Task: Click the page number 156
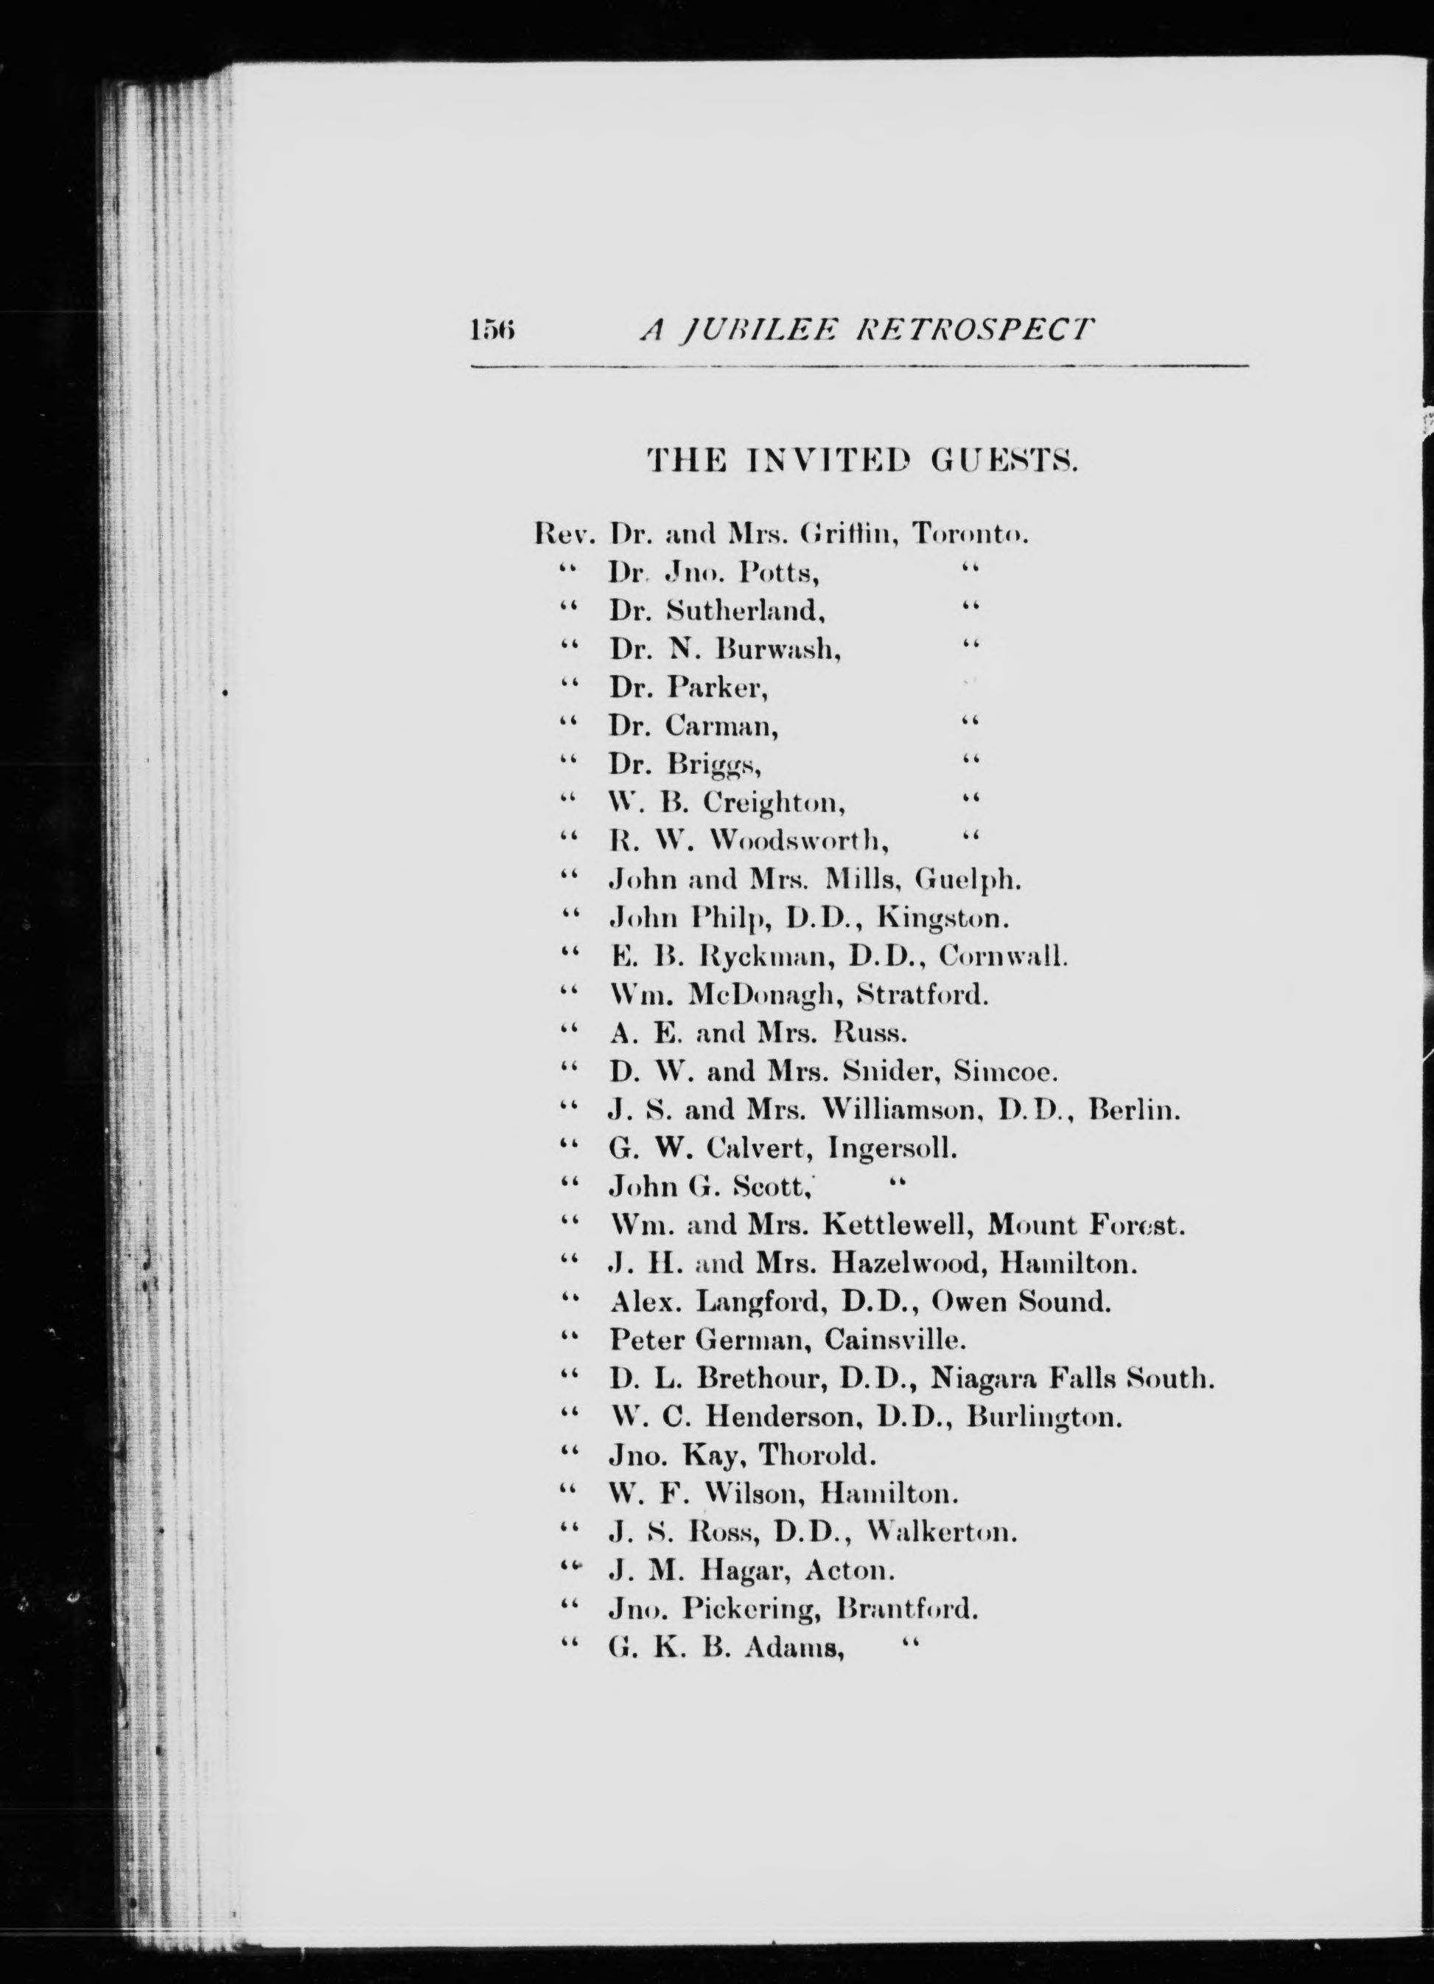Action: coord(494,329)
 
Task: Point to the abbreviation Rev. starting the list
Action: coord(564,534)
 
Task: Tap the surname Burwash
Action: coord(779,649)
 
